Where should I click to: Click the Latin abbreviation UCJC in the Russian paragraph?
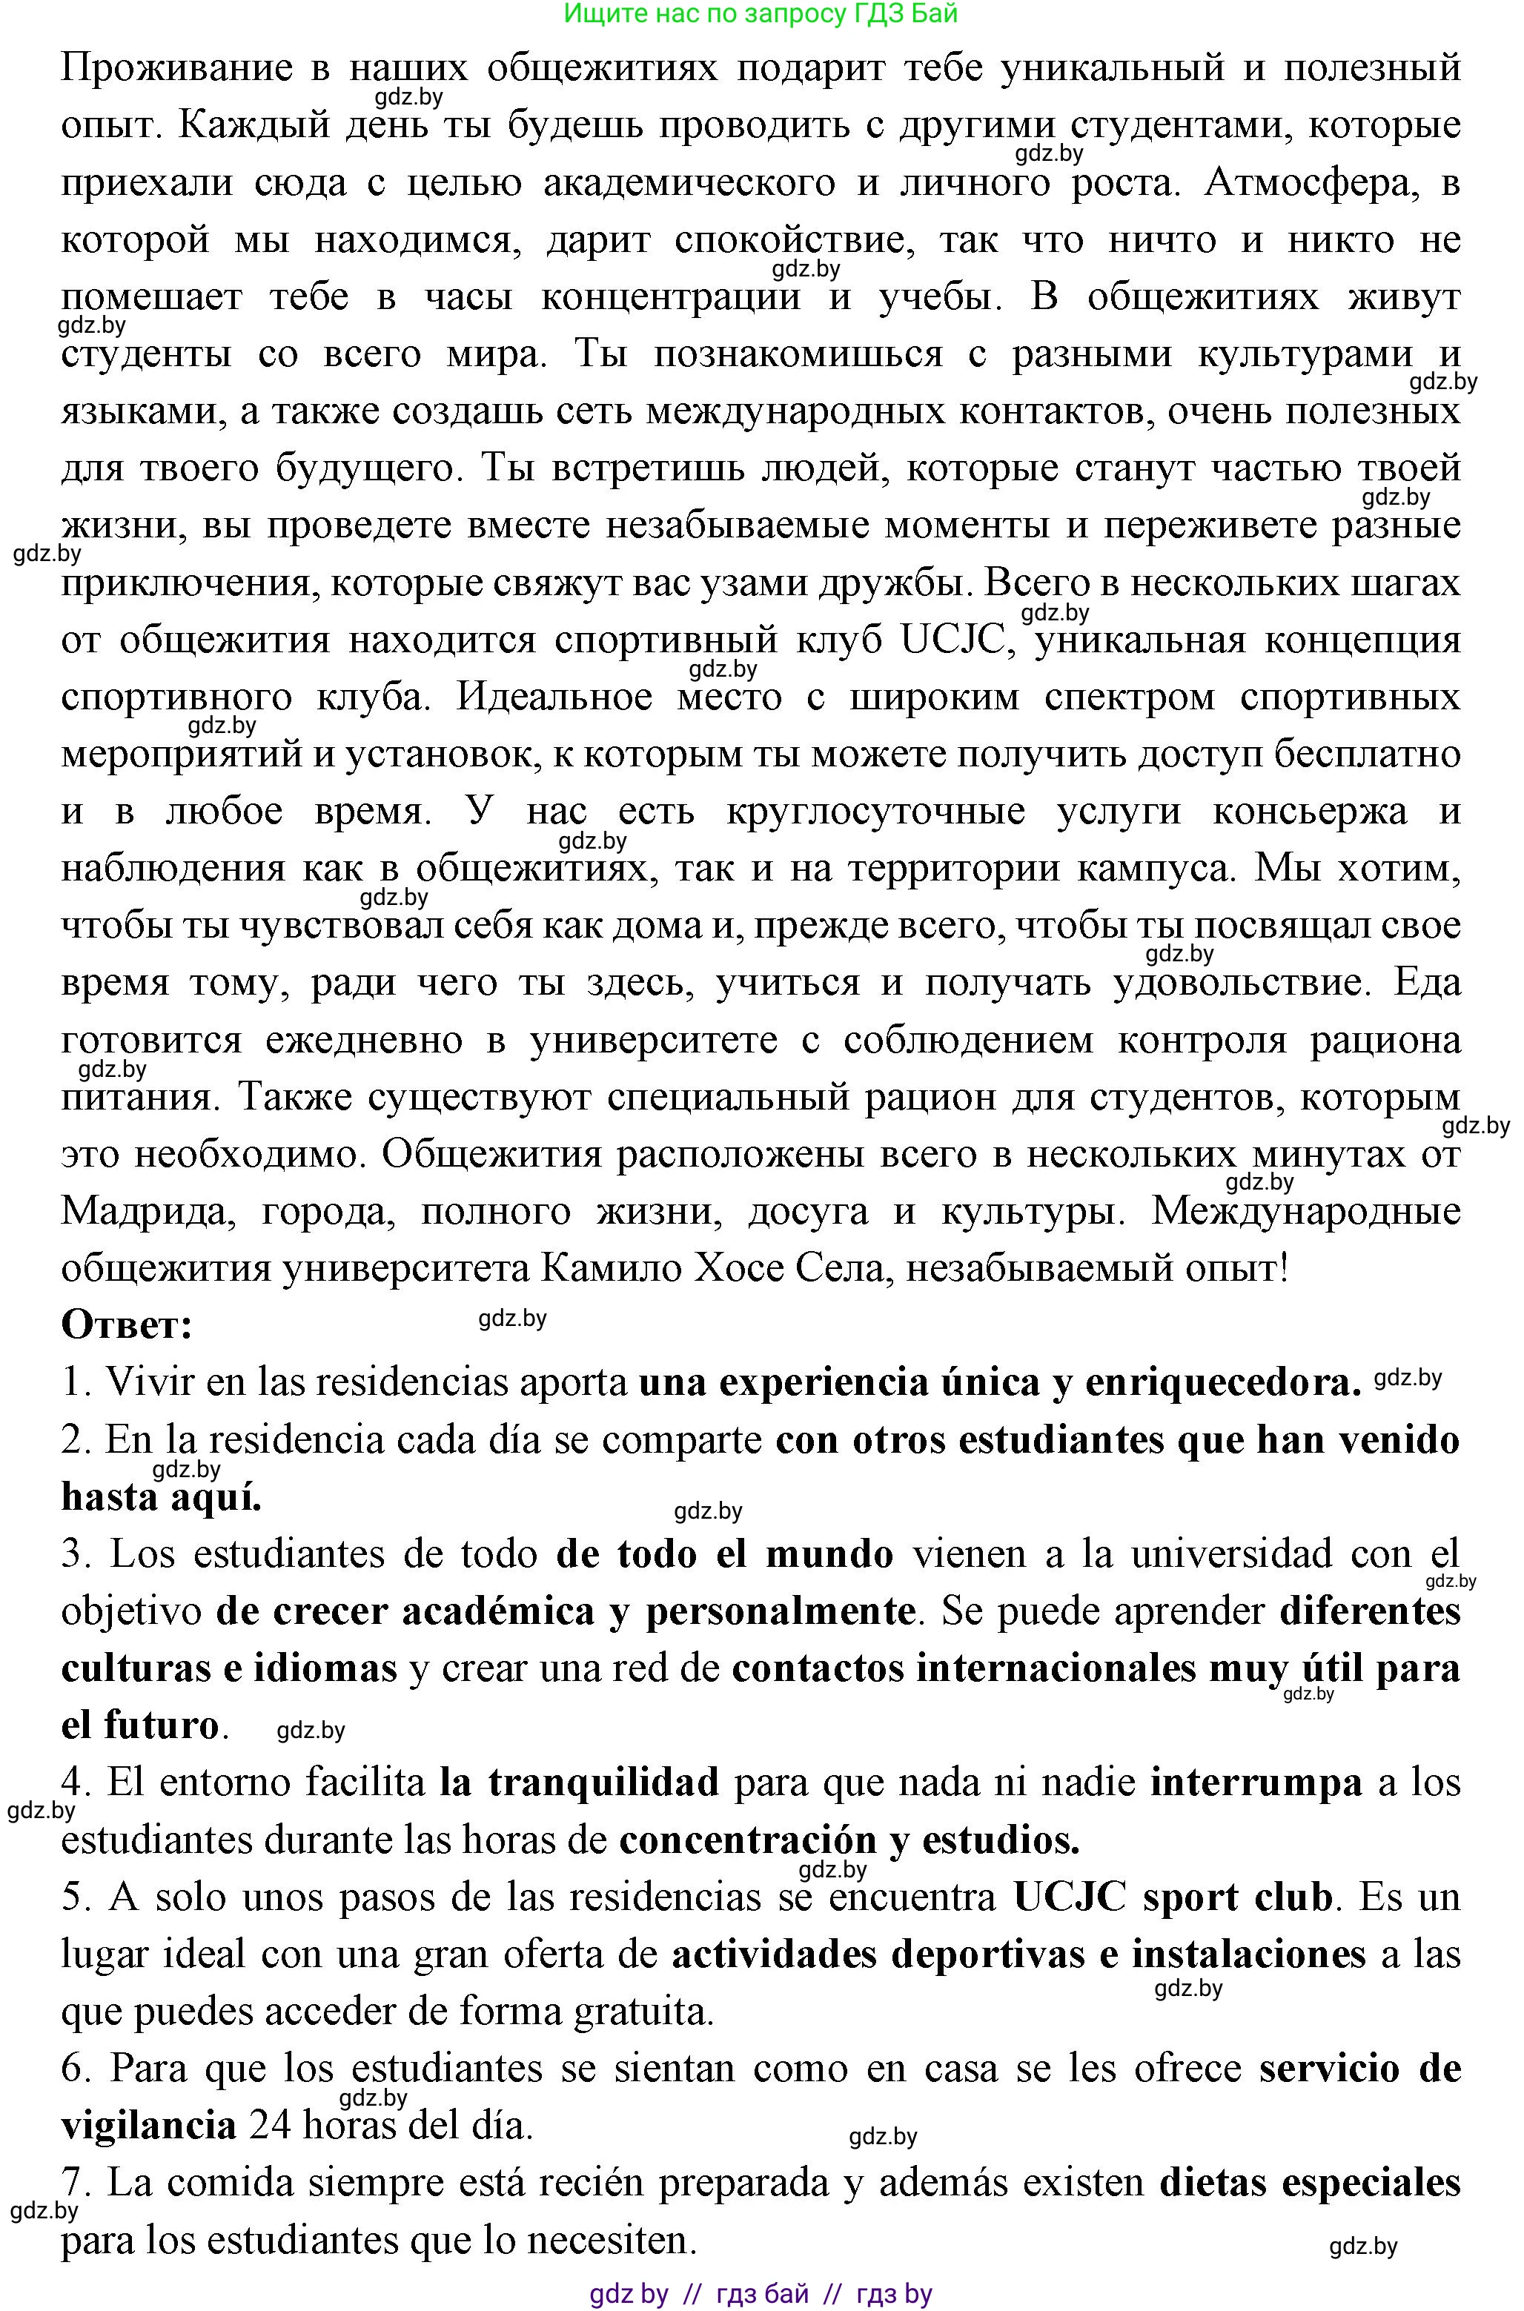pos(952,640)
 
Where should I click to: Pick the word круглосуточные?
pos(875,812)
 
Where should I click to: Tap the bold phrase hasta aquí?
pos(162,1498)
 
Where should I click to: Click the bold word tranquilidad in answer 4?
pos(603,1783)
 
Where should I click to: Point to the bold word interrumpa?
pos(1256,1783)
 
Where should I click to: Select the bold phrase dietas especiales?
pos(1309,2183)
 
